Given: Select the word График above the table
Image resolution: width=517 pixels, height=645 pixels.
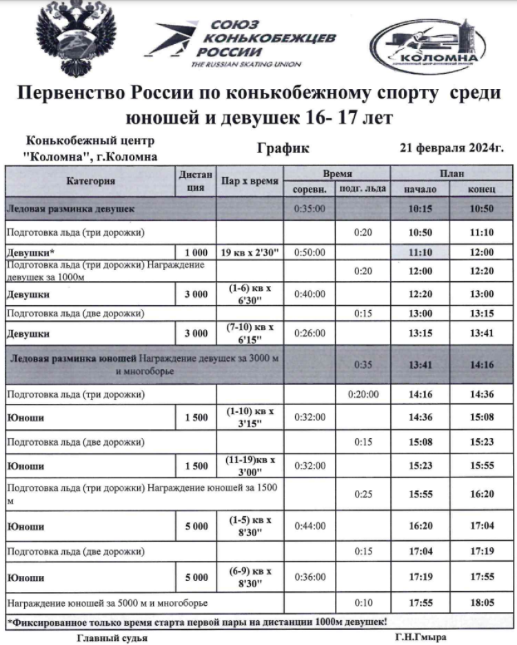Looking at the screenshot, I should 283,148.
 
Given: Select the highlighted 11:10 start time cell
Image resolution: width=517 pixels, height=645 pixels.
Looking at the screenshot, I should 420,252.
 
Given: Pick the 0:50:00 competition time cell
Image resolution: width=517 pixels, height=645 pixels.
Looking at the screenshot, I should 310,252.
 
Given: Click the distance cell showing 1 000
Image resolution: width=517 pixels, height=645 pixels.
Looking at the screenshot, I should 196,252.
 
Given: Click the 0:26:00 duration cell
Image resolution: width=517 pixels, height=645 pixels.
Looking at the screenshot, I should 310,334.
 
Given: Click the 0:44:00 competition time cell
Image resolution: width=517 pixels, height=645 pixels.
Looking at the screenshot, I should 310,527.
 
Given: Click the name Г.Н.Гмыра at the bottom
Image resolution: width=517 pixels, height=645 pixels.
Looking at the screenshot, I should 420,637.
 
